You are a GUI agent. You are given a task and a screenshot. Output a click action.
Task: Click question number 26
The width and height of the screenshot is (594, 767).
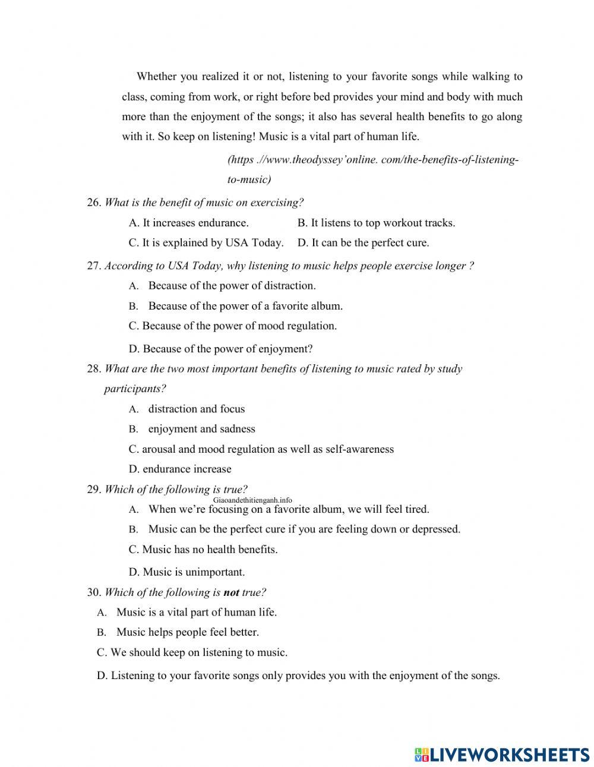[x=94, y=203]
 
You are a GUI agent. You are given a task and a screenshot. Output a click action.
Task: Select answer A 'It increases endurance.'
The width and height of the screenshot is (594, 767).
[x=188, y=223]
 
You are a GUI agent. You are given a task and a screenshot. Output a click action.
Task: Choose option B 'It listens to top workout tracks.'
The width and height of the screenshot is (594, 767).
[x=376, y=223]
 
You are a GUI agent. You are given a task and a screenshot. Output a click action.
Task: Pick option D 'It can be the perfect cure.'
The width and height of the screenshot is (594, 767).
[x=363, y=242]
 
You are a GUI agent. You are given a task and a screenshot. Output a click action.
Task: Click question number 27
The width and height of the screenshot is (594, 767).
[x=94, y=266]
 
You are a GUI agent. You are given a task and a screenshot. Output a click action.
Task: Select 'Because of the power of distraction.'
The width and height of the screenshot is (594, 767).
[x=232, y=286]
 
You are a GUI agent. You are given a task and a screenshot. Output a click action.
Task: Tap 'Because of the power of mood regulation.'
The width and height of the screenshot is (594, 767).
[x=232, y=326]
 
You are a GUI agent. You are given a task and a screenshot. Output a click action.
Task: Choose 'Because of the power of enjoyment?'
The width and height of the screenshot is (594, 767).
[x=220, y=349]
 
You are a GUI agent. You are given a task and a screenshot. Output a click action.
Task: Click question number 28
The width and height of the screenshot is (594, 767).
[x=94, y=369]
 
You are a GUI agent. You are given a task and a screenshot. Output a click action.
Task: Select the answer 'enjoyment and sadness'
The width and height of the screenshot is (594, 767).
[x=201, y=429]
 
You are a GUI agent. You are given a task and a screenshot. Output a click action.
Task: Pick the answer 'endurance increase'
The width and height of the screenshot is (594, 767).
[x=180, y=469]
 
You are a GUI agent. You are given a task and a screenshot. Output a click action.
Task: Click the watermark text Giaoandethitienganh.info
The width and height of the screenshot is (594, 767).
[x=252, y=500]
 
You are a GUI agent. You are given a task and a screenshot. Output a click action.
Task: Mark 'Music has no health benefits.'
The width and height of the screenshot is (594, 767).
[x=203, y=550]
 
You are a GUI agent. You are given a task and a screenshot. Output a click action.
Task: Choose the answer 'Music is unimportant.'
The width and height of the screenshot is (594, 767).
[x=187, y=573]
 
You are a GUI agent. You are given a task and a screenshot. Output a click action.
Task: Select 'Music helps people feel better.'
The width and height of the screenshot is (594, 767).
[x=187, y=632]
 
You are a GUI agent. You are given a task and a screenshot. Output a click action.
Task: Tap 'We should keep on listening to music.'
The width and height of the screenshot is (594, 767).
[x=192, y=652]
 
